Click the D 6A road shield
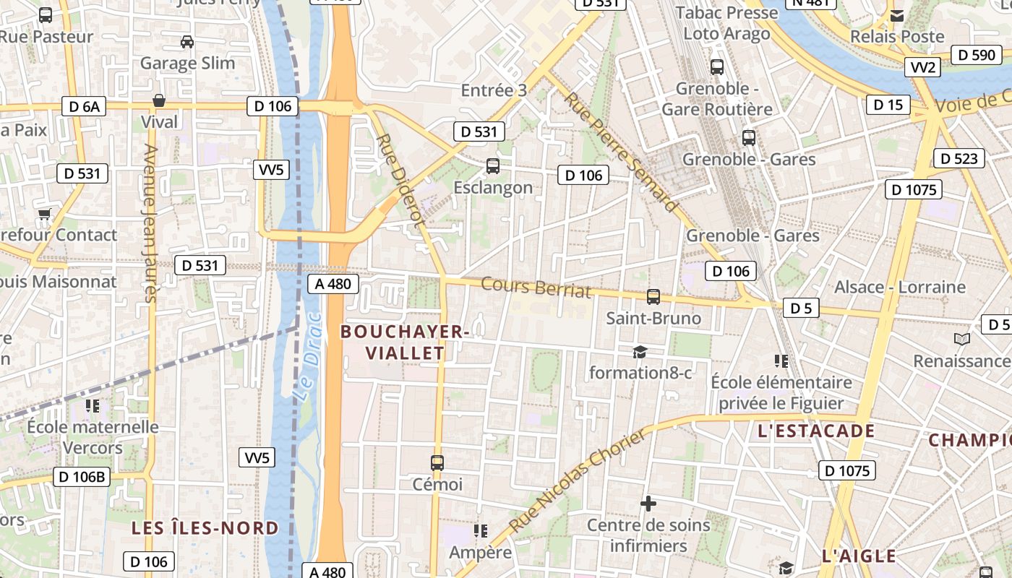[84, 107]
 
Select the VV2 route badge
[923, 68]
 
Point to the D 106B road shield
[82, 477]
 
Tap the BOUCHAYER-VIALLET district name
[405, 342]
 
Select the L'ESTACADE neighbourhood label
[816, 432]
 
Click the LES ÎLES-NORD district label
[205, 528]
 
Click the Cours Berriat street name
[536, 288]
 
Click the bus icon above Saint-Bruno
[653, 297]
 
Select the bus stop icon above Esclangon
[493, 166]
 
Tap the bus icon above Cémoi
[437, 463]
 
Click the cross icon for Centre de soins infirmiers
[648, 504]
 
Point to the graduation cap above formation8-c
[640, 352]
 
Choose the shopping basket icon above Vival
[159, 100]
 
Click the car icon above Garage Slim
[187, 42]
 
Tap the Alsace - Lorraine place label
[900, 287]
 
